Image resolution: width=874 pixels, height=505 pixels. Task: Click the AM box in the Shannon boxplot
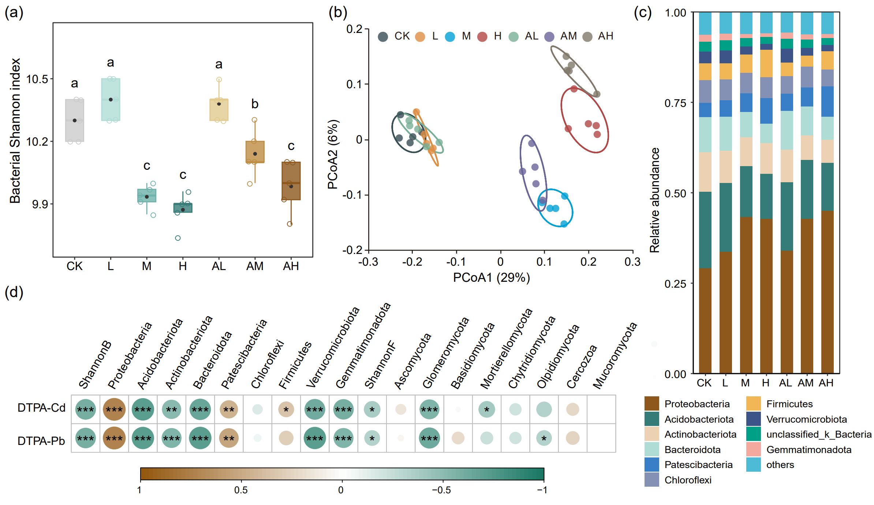pos(255,152)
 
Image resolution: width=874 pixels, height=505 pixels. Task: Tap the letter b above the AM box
pos(255,104)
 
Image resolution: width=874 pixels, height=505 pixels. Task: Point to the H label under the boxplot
pos(183,266)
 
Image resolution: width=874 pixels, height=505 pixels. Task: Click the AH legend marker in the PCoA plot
pos(587,37)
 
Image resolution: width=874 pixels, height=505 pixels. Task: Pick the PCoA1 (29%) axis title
pos(491,278)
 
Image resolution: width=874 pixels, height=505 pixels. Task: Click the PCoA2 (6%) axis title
pos(332,154)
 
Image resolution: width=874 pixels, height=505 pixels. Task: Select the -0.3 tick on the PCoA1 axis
pos(368,262)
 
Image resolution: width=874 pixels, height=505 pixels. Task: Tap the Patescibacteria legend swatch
pos(651,464)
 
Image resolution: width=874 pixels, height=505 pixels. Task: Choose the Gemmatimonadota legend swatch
pos(753,449)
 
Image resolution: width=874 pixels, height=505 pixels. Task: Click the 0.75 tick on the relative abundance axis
pos(675,103)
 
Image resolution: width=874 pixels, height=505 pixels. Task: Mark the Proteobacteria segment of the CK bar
pos(705,321)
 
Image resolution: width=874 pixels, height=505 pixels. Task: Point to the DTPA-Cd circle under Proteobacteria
pos(114,409)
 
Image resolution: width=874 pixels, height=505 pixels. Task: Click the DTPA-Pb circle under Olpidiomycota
pos(544,438)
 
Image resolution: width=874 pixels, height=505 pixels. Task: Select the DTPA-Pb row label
pos(41,441)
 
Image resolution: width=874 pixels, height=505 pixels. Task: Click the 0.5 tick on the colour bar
pos(241,490)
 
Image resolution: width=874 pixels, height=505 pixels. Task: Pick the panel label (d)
pos(14,292)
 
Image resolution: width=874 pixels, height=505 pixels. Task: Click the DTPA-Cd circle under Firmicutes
pos(286,409)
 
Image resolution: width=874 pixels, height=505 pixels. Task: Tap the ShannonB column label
pos(95,364)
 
